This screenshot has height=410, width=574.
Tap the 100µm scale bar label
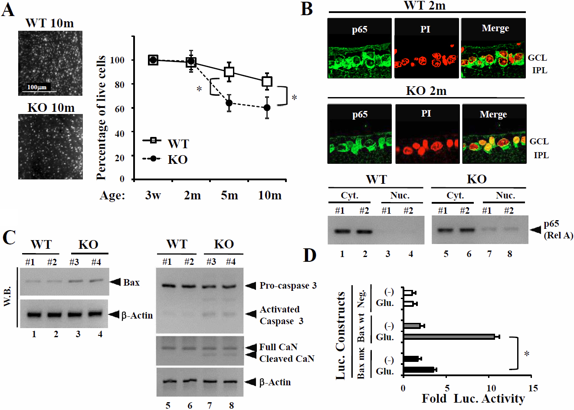(x=36, y=87)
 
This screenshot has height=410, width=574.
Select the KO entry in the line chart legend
(x=177, y=159)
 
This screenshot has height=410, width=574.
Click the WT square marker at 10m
(x=267, y=81)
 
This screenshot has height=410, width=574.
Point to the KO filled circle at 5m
(x=229, y=103)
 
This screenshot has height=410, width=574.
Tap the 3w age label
(x=153, y=195)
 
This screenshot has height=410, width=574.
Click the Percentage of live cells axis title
(x=101, y=117)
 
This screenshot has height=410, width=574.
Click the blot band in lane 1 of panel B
(x=342, y=231)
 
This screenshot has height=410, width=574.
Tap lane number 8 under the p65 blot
(x=509, y=254)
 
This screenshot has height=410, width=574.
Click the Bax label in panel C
(x=131, y=283)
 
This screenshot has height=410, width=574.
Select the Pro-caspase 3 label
(x=288, y=286)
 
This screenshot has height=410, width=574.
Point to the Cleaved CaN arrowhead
(x=251, y=355)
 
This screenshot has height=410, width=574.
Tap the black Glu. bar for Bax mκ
(x=419, y=370)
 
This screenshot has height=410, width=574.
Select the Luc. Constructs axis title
(x=341, y=336)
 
